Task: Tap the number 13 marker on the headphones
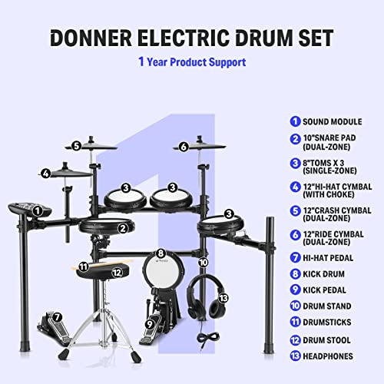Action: [223, 297]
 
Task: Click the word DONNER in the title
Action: [100, 38]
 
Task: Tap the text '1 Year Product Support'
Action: [192, 61]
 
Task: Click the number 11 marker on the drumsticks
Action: [83, 266]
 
